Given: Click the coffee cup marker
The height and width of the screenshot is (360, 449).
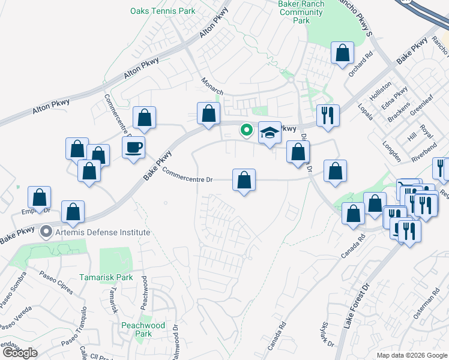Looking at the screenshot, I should click(133, 147).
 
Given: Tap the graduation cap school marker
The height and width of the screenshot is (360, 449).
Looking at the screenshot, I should click(270, 133).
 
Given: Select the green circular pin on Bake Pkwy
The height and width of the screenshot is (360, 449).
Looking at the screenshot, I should click(246, 129).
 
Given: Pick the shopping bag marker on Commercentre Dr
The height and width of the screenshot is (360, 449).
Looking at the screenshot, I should click(244, 180).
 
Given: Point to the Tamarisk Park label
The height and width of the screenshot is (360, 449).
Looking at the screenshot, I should click(106, 278).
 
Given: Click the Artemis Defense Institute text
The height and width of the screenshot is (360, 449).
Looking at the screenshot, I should click(102, 232).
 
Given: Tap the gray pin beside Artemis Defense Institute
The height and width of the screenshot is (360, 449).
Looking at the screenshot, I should click(46, 232).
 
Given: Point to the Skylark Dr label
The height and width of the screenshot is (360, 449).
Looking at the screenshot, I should click(327, 332).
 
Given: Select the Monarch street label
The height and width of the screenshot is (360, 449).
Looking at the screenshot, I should click(212, 86).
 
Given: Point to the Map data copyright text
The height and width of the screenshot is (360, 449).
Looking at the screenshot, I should click(411, 355).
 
